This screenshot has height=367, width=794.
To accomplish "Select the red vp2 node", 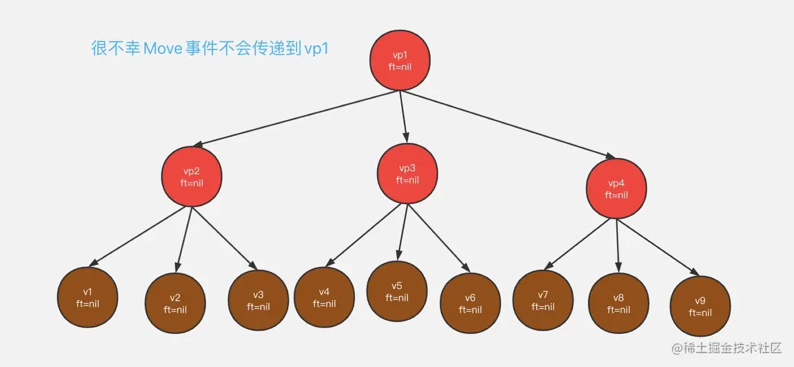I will (x=192, y=177).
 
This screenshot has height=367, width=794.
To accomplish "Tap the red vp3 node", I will (x=407, y=174).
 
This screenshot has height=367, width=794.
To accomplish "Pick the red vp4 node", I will (x=616, y=189).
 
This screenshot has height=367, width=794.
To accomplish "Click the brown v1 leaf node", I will (x=87, y=297).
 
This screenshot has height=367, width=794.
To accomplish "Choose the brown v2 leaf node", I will (x=175, y=304).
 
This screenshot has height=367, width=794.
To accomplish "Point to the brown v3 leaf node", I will (x=258, y=301).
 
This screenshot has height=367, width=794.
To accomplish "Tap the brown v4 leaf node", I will (x=324, y=297).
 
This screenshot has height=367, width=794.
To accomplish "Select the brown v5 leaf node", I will (x=397, y=291).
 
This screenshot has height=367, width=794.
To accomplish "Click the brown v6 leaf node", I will (x=470, y=304).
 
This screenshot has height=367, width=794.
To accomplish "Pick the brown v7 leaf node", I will (x=543, y=300).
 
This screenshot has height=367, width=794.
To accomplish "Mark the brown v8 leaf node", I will (x=618, y=304).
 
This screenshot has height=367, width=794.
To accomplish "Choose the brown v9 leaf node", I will (x=700, y=306).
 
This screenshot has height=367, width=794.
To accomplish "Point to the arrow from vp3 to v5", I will (x=403, y=231).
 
